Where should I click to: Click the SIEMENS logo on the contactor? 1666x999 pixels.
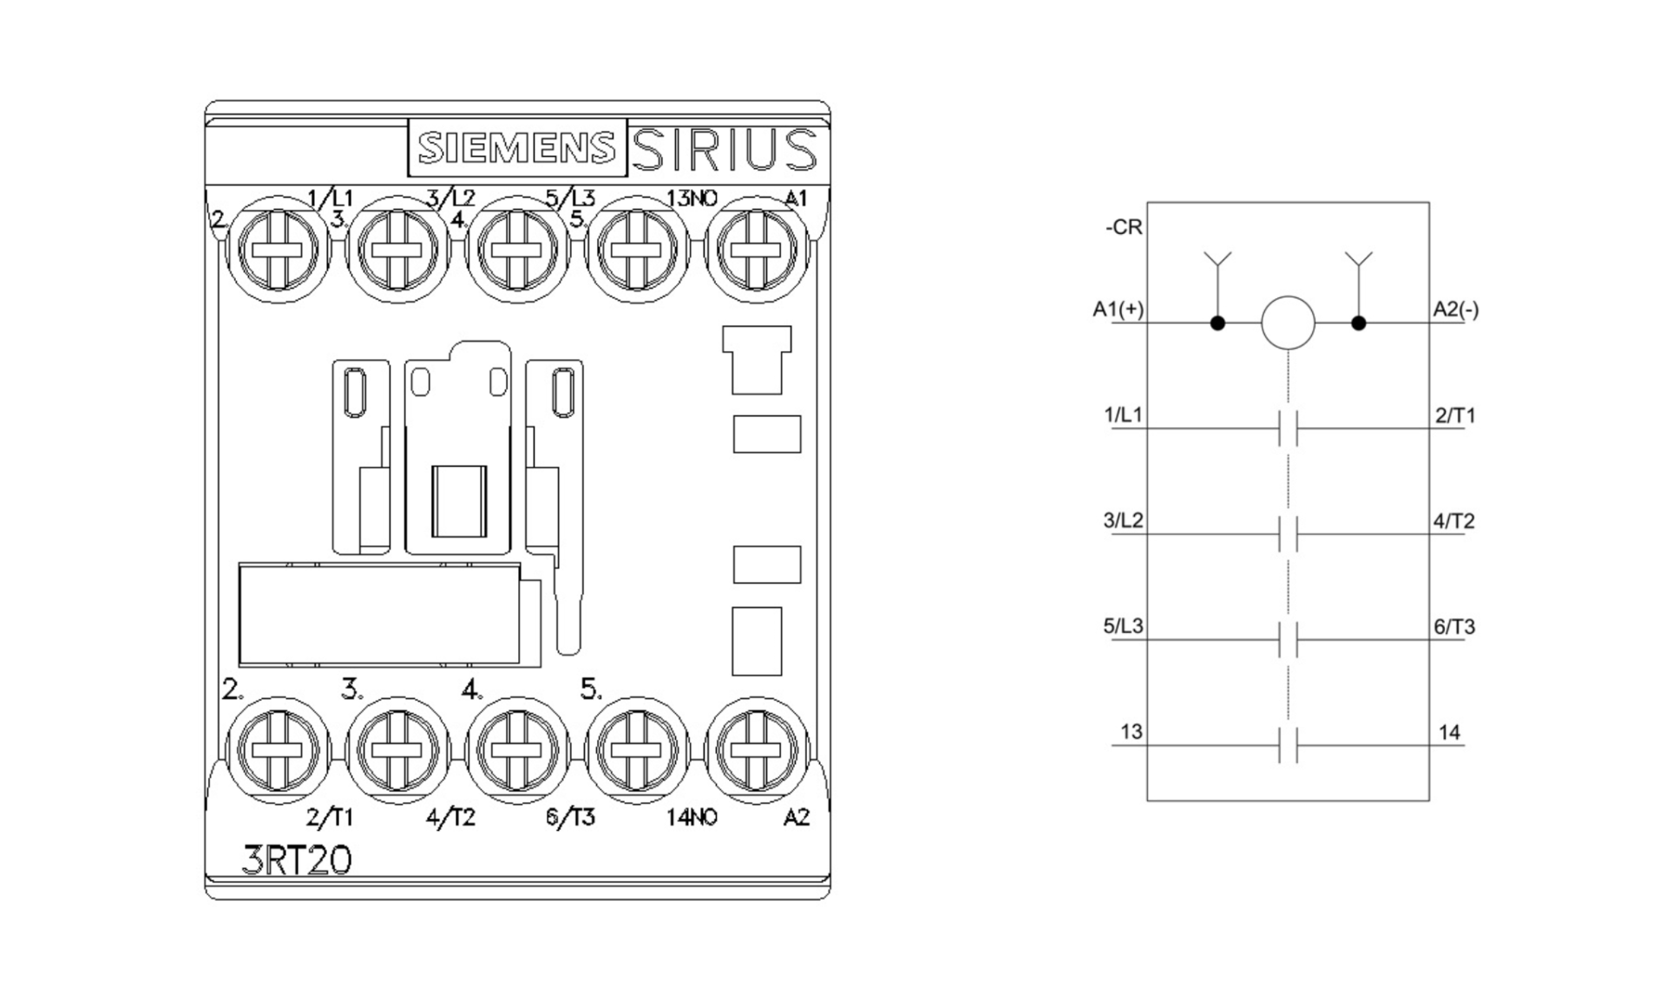click(x=517, y=148)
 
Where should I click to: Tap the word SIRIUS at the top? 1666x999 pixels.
click(x=725, y=149)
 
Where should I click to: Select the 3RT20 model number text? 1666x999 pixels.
click(x=297, y=860)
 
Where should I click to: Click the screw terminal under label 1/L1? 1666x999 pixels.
click(x=277, y=250)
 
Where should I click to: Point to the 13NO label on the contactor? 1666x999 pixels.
click(x=692, y=199)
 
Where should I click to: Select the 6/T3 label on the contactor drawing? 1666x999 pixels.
click(x=570, y=817)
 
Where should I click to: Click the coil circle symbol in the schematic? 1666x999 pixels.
click(x=1288, y=323)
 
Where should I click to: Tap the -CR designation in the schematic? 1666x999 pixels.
click(x=1124, y=227)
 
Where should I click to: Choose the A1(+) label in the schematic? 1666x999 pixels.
click(x=1118, y=310)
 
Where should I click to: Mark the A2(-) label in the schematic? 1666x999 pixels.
click(x=1456, y=310)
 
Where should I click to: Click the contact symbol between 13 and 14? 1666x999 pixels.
click(x=1288, y=746)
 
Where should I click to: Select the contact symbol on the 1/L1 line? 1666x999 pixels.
click(x=1288, y=428)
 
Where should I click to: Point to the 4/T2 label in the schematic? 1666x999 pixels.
click(x=1453, y=521)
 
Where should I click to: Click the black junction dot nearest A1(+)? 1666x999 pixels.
click(x=1217, y=323)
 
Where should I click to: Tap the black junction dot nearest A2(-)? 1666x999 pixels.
click(x=1359, y=323)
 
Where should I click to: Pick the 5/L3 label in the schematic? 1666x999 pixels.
click(x=1123, y=626)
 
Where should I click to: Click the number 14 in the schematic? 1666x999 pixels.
click(x=1449, y=733)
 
